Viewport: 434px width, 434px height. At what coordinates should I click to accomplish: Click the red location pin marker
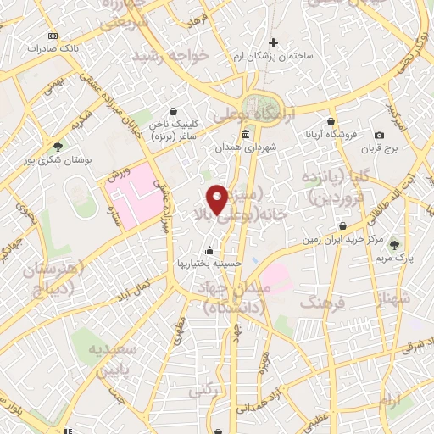(218, 199)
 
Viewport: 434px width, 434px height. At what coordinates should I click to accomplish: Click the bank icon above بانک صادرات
(53, 36)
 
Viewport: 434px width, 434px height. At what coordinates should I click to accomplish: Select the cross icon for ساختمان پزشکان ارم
(273, 42)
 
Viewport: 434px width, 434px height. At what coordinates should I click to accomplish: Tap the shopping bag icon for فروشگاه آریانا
(331, 122)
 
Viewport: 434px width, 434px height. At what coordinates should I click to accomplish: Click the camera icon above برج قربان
(379, 135)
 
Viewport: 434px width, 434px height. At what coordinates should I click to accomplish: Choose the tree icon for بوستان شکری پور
(58, 145)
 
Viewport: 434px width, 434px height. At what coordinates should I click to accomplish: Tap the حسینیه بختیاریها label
(210, 264)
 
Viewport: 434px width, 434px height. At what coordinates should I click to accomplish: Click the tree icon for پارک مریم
(393, 245)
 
